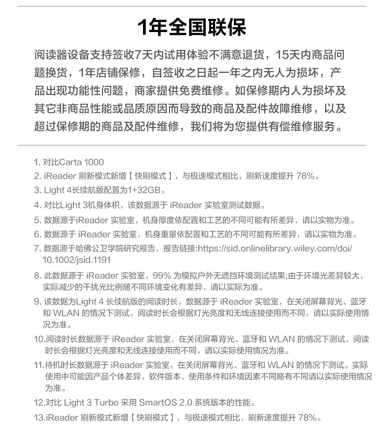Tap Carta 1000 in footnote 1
[x=82, y=162]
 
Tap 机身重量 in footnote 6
[x=156, y=234]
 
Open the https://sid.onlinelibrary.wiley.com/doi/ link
[x=275, y=248]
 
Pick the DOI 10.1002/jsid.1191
[x=76, y=260]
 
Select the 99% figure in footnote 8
[x=162, y=276]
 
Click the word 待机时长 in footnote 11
[x=57, y=365]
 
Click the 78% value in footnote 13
[x=307, y=418]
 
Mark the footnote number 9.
[x=37, y=302]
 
